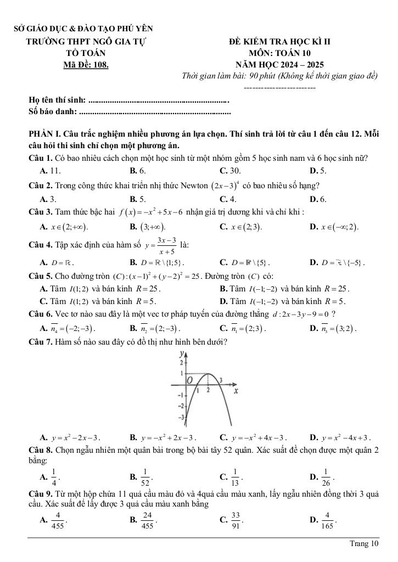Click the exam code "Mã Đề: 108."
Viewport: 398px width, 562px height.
(x=86, y=65)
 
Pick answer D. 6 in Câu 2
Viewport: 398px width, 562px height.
(x=318, y=198)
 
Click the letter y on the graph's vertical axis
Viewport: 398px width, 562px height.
(x=181, y=356)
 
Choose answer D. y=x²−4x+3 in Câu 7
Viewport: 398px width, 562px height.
(x=340, y=437)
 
